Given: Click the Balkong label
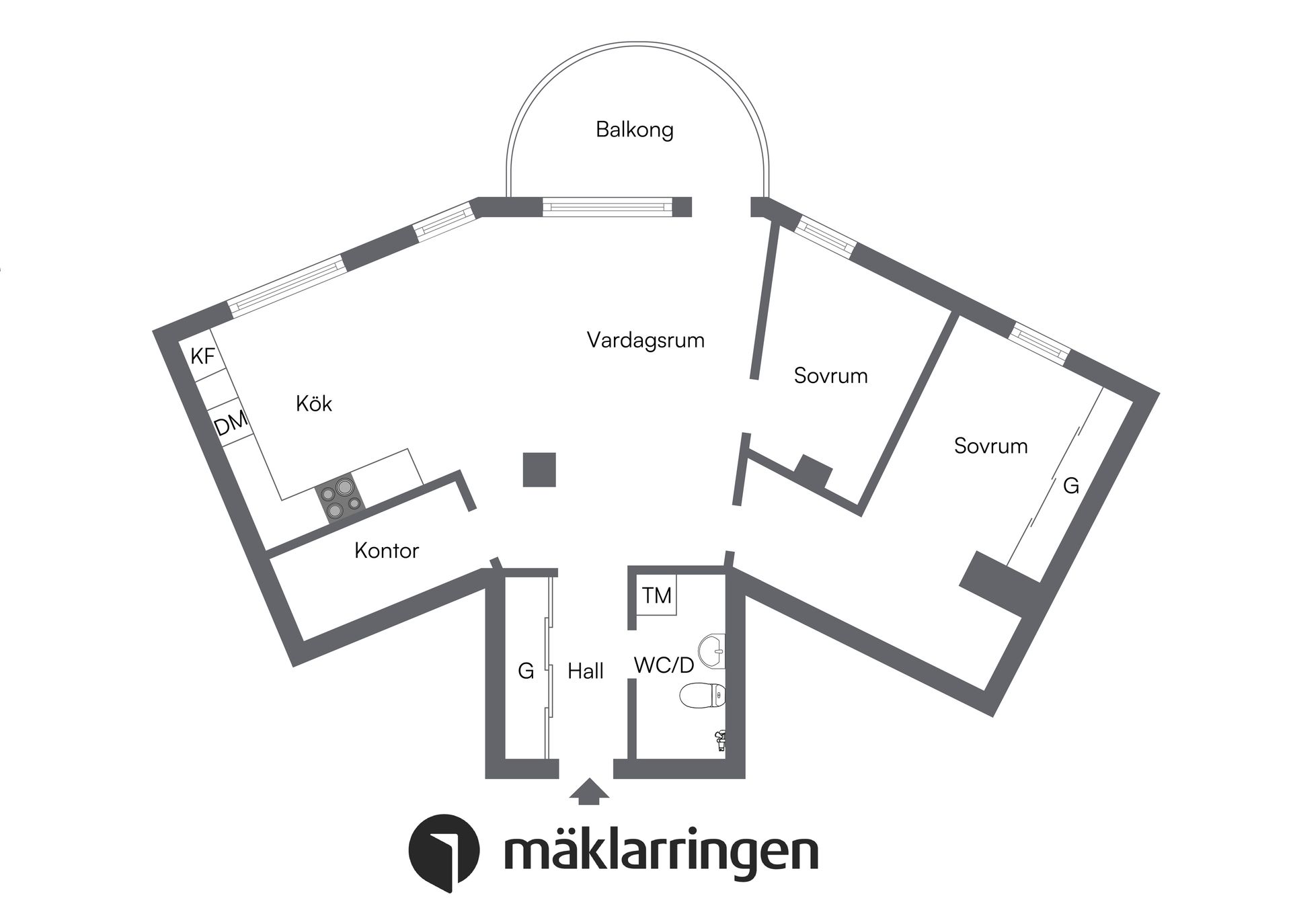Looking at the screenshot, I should click(634, 129).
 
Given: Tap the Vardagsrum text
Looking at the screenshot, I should click(645, 340).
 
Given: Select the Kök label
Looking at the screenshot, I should click(314, 403).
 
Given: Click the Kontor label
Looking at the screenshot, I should click(387, 551).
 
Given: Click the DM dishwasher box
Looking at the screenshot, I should click(231, 424).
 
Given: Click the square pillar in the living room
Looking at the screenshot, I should click(539, 470).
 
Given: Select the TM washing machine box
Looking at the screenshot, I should click(656, 595).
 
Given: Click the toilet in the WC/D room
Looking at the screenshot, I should click(702, 696).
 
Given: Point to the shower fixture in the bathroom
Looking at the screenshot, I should click(719, 741).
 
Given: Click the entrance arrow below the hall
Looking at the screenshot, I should click(589, 791).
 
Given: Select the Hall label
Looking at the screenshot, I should click(585, 671).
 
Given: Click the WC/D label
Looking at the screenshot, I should click(663, 665).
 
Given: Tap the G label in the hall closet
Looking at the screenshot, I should click(526, 671).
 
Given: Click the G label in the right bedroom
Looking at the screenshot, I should click(1071, 485).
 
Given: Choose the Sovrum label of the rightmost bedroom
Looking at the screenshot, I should click(990, 446).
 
